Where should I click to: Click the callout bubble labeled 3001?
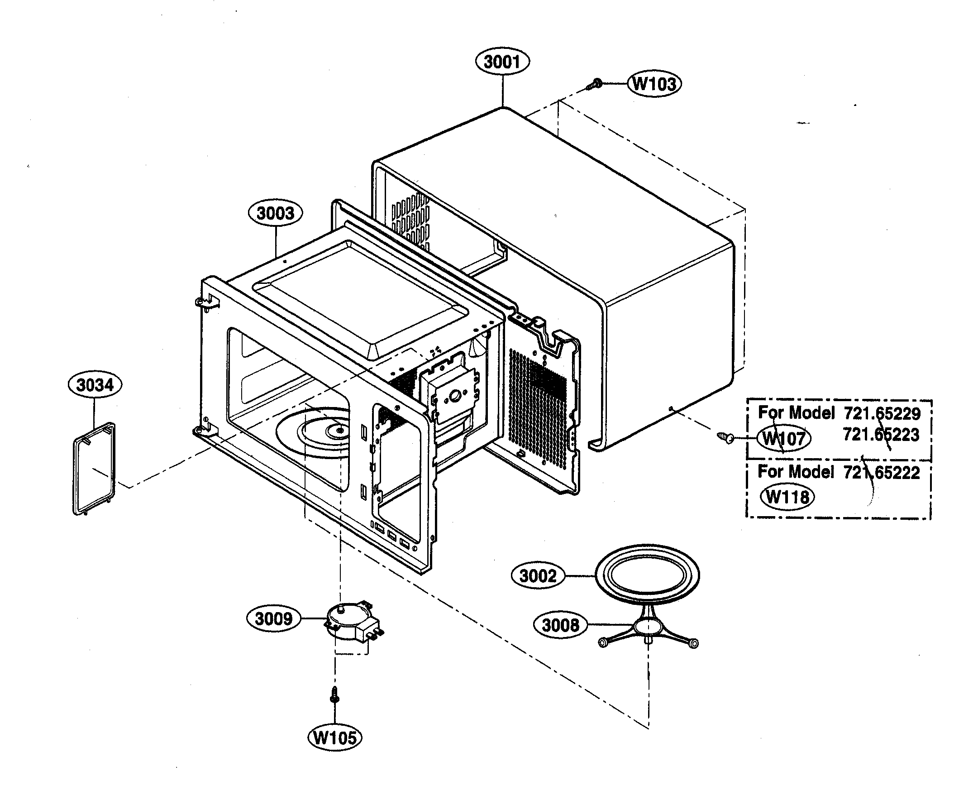502,62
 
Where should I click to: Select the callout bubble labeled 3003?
275,213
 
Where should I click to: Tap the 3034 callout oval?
95,385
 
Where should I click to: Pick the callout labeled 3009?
273,618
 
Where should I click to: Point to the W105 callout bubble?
335,737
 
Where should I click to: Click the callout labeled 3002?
538,576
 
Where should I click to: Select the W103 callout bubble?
654,84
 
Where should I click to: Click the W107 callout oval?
784,439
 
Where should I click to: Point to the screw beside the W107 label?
725,437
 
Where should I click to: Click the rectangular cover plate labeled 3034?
95,469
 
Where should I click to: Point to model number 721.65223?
881,435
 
